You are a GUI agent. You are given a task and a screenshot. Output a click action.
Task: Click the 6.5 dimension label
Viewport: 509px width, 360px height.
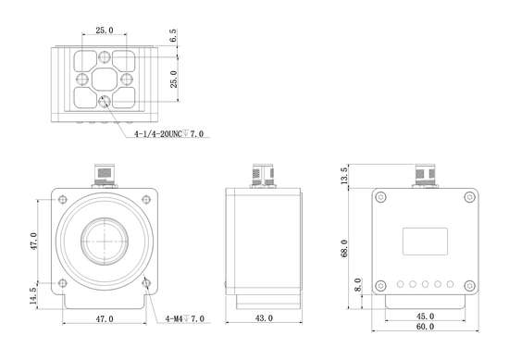pyautogui.click(x=174, y=37)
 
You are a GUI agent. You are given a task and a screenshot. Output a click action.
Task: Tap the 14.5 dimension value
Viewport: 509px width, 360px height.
pyautogui.click(x=34, y=295)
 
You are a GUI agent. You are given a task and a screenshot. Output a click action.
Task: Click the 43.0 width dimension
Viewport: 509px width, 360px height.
pyautogui.click(x=264, y=318)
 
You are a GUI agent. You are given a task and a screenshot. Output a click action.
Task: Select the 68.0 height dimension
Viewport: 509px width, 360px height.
pyautogui.click(x=344, y=247)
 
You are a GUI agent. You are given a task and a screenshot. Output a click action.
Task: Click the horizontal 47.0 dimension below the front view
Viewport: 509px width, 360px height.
pyautogui.click(x=104, y=318)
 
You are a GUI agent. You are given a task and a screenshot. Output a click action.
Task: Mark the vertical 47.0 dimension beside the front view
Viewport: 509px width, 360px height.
pyautogui.click(x=34, y=242)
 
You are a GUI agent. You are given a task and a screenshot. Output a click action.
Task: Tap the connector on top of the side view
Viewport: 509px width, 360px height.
pyautogui.click(x=263, y=174)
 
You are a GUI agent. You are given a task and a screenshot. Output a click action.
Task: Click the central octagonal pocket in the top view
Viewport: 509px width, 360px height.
pyautogui.click(x=104, y=78)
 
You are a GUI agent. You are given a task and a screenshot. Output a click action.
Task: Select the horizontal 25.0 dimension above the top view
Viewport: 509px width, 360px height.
pyautogui.click(x=105, y=31)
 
